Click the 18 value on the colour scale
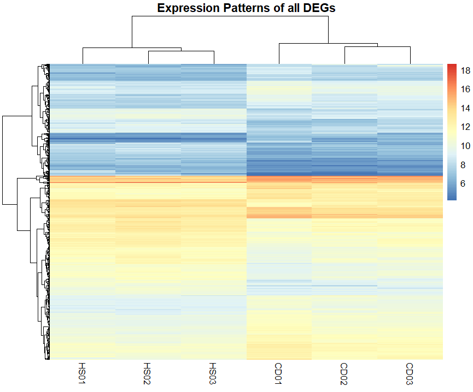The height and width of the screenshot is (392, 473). click(x=466, y=70)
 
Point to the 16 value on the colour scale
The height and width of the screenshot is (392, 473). click(x=466, y=90)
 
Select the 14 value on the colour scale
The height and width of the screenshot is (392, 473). click(x=466, y=108)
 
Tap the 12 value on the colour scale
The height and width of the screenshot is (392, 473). click(x=466, y=127)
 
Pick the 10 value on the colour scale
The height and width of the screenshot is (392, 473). click(x=466, y=146)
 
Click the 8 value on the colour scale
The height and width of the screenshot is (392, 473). click(x=464, y=165)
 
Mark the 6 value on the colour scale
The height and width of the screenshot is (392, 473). click(x=464, y=183)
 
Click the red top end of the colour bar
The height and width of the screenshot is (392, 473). click(x=452, y=66)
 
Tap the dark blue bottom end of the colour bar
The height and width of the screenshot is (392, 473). click(x=452, y=198)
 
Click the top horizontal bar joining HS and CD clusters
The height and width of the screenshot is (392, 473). click(x=230, y=16)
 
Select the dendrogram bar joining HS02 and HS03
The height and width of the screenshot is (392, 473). click(x=181, y=51)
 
